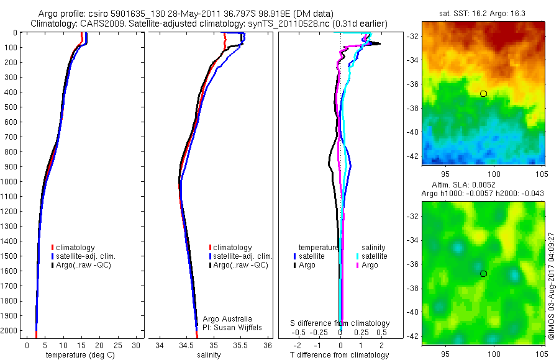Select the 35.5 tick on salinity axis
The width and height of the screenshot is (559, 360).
[x=240, y=345]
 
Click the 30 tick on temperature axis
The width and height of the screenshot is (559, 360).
[x=136, y=345]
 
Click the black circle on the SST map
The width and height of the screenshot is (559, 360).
[x=483, y=94]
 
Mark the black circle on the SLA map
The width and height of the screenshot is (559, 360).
[x=483, y=274]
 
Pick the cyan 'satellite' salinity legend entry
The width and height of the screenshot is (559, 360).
[x=373, y=256]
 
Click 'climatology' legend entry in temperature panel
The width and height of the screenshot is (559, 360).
[x=75, y=248]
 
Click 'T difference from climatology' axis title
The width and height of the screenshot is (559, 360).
[x=340, y=355]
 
